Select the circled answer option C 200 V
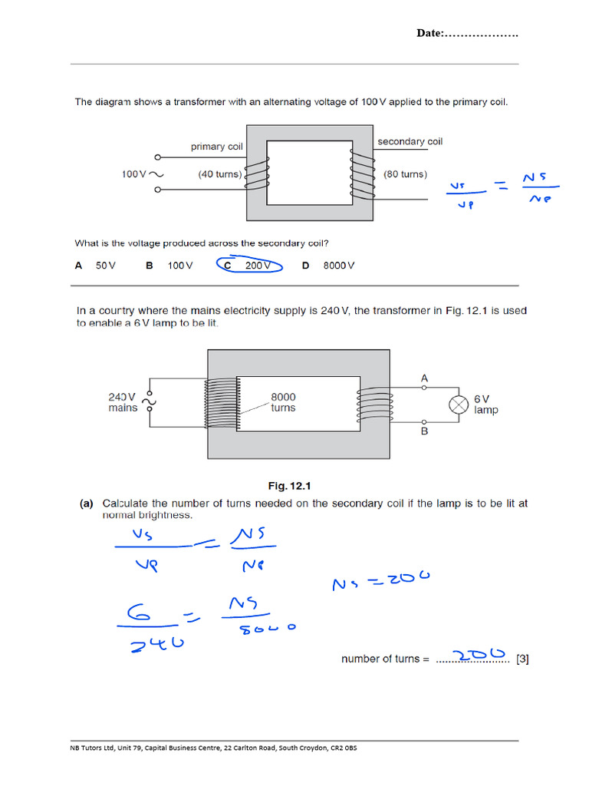point(250,266)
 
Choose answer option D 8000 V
point(329,266)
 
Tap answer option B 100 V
point(169,266)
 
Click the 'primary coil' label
point(219,147)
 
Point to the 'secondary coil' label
point(410,141)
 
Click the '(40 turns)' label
point(219,174)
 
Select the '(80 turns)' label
point(405,174)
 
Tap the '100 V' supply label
point(135,174)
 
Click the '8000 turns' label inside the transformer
point(283,402)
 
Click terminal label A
point(425,378)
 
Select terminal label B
point(425,431)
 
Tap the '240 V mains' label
point(123,402)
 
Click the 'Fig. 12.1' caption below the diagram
point(288,486)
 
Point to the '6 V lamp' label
point(485,405)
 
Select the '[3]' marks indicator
point(522,659)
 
